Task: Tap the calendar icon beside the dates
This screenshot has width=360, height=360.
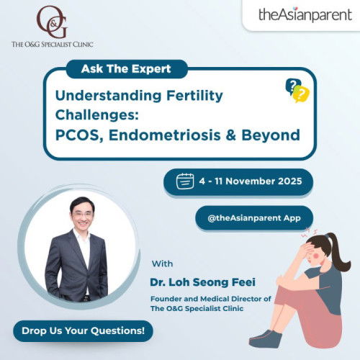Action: pos(184,182)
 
